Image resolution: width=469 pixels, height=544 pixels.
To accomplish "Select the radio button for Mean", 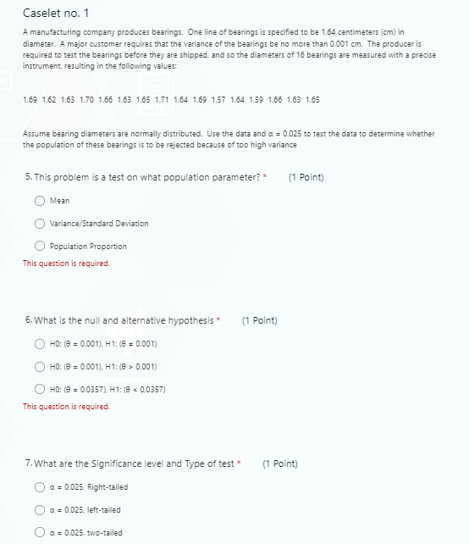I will click(x=40, y=201).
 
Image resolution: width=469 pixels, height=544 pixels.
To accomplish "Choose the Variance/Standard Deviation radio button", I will click(x=40, y=224).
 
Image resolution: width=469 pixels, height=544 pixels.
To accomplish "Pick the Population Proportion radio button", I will click(x=40, y=246).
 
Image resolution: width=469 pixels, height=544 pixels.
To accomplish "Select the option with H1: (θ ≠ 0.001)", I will click(x=40, y=344).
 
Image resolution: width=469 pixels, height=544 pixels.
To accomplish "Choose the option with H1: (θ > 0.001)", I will click(x=40, y=366).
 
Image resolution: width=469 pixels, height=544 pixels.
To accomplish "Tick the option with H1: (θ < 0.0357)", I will click(x=40, y=389).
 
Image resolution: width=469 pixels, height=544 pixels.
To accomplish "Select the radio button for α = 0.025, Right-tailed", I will click(x=40, y=487).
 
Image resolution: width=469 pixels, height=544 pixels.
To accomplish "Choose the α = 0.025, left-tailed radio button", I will click(x=40, y=510).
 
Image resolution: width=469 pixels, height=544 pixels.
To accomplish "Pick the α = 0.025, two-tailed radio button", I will click(x=40, y=532).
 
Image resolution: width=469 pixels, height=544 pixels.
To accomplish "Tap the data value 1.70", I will click(x=86, y=100).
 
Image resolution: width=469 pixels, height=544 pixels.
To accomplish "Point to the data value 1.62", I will click(x=49, y=100).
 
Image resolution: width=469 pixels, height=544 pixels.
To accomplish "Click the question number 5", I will click(x=29, y=177).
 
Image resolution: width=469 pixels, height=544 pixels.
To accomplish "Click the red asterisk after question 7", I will click(x=240, y=464).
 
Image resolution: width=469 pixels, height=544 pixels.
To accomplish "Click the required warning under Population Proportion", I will click(x=66, y=263).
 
